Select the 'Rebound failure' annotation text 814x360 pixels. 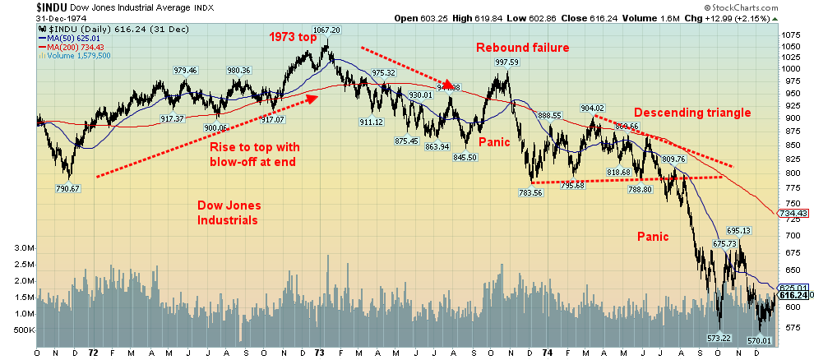click(523, 48)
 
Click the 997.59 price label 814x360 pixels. click(506, 62)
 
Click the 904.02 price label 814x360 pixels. click(592, 108)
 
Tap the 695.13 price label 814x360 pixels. click(739, 231)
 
